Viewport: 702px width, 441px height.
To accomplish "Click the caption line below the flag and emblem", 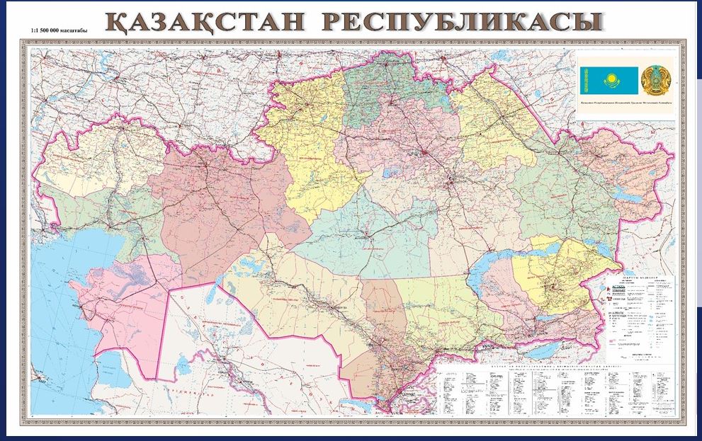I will point(623,104).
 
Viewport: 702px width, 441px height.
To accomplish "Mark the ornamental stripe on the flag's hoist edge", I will point(584,81).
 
